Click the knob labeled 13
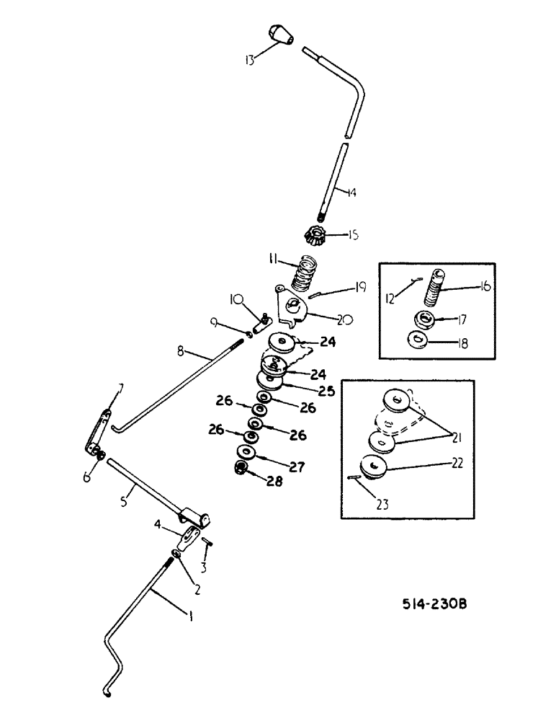(279, 34)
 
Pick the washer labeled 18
(418, 340)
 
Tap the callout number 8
(181, 352)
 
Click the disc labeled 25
(266, 379)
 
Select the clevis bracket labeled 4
(190, 536)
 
